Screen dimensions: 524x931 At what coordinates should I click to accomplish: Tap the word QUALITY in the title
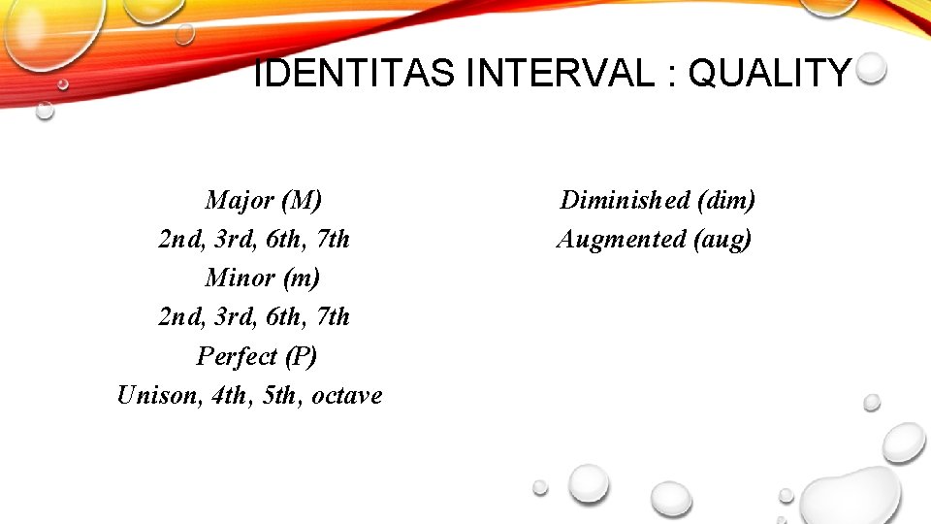coord(770,73)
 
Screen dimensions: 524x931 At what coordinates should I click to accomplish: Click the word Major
coord(241,201)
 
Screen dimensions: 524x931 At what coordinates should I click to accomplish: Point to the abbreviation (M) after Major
coord(302,201)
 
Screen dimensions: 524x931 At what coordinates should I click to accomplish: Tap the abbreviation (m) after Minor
coord(301,278)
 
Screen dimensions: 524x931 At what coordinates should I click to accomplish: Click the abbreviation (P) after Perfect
coord(299,356)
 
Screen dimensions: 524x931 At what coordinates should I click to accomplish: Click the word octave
coord(347,396)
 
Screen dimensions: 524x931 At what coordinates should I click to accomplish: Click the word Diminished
coord(626,201)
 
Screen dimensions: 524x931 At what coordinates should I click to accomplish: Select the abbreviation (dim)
coord(726,201)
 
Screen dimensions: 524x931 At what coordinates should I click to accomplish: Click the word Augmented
coord(622,239)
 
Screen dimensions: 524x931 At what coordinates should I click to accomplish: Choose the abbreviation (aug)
coord(722,240)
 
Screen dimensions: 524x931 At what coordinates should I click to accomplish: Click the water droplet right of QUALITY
coord(872,68)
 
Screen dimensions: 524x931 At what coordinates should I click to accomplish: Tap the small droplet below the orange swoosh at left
coord(45,110)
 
